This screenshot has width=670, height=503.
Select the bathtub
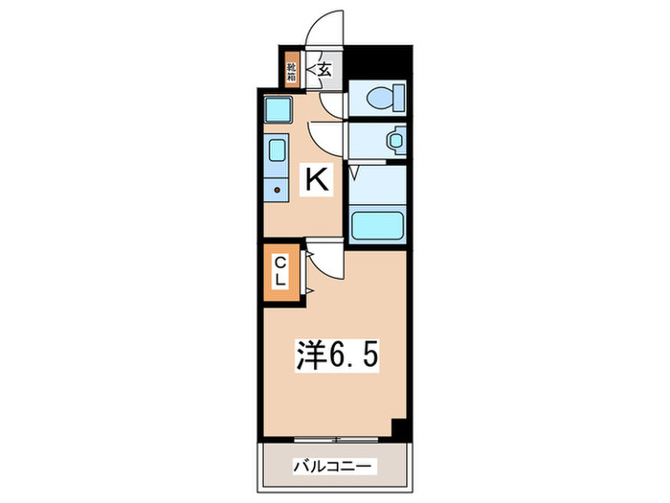[378, 226]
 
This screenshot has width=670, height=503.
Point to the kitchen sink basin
[276, 151]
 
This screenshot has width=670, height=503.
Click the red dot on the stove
[277, 190]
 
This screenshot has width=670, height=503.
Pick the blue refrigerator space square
[278, 110]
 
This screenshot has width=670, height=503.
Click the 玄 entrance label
[324, 69]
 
